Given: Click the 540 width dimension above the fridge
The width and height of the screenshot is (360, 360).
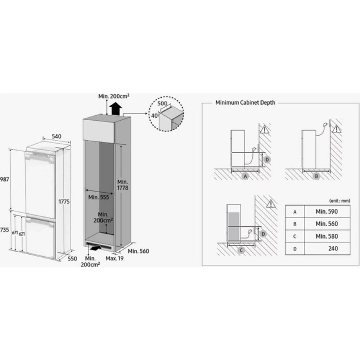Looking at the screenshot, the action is (57, 136).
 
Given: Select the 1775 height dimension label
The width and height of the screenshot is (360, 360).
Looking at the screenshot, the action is (64, 202).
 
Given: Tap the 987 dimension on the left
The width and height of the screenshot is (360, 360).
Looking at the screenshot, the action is (5, 179).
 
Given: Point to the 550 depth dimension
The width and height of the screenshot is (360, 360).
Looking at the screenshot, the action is (72, 259).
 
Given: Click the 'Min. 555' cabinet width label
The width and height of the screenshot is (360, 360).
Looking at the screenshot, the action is (99, 197).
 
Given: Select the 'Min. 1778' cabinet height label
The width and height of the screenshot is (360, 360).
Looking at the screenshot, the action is (123, 185).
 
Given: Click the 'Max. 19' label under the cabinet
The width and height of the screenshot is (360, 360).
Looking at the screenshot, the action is (115, 258).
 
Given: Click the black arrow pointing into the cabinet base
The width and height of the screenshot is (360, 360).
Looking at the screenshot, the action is (95, 248).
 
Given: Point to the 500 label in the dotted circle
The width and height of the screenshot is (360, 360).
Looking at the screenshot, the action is (162, 103).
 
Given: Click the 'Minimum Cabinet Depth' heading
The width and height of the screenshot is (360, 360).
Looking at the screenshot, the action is (245, 103).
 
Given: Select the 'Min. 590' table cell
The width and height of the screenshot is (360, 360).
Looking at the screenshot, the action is (327, 211).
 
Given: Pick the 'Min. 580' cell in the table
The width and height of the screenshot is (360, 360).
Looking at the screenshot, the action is (327, 236).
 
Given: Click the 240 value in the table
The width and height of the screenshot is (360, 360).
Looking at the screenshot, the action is (333, 249).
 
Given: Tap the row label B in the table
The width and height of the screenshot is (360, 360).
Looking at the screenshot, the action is (295, 224).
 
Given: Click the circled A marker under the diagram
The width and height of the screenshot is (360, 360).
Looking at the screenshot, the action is (245, 176).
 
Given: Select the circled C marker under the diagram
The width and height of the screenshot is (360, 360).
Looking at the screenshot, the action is (241, 250).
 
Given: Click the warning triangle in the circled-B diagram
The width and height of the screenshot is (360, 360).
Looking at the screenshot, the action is (336, 129).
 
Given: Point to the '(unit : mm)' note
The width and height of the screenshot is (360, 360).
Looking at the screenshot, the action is (340, 201).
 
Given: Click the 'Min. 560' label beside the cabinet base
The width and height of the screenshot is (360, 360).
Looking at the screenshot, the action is (139, 251).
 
